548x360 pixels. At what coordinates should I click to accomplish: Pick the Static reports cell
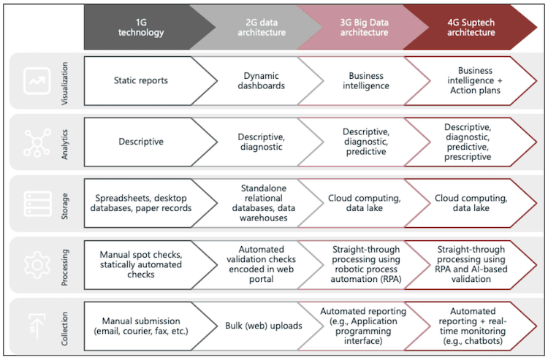pos(143,80)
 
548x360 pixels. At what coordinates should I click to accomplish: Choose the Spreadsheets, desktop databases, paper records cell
pos(143,203)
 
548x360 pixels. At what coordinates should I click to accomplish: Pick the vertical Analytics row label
pos(64,142)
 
